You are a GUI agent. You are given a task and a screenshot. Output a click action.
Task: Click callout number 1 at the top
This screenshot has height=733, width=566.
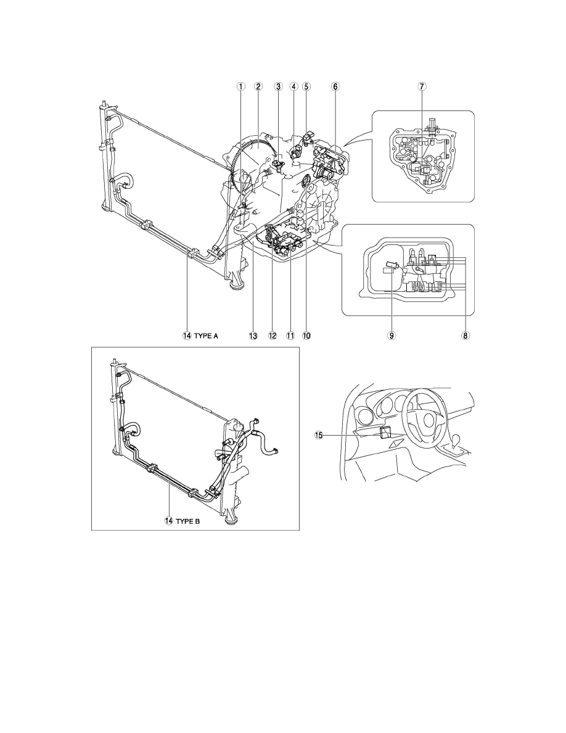tap(240, 86)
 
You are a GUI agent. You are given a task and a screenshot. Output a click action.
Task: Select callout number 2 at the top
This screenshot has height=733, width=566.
tap(258, 86)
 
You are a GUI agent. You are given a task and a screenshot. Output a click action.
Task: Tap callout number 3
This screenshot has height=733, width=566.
tap(278, 86)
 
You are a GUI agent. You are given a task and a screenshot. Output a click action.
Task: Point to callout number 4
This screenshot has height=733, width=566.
tap(293, 86)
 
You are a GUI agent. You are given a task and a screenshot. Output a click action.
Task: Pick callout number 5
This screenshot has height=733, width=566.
tap(306, 86)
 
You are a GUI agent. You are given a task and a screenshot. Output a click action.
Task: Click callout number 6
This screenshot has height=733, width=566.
tap(335, 86)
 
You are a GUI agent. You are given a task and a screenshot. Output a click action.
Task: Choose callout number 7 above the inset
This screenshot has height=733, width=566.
tap(422, 86)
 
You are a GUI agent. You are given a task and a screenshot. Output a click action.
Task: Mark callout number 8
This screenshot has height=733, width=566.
tap(466, 336)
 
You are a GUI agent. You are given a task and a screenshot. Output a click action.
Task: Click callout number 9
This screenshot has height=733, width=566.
tap(392, 336)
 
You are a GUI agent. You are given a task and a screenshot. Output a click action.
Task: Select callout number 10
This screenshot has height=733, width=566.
tap(306, 336)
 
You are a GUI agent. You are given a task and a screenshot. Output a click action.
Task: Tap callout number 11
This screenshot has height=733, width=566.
tap(290, 336)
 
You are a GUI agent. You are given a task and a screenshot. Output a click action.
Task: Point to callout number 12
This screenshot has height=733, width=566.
tap(273, 336)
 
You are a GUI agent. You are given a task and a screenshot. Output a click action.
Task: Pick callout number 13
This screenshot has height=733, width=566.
tap(253, 336)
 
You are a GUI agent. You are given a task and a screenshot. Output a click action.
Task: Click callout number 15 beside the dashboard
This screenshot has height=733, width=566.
tap(319, 435)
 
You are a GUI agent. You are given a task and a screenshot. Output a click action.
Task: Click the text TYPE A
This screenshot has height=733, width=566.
tap(206, 336)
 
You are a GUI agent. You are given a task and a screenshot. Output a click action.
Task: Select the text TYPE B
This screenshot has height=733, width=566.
tap(187, 521)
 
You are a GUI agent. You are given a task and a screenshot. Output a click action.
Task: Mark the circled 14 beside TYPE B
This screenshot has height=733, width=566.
tap(168, 521)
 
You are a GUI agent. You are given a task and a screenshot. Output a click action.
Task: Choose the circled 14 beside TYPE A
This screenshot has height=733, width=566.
tap(187, 336)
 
